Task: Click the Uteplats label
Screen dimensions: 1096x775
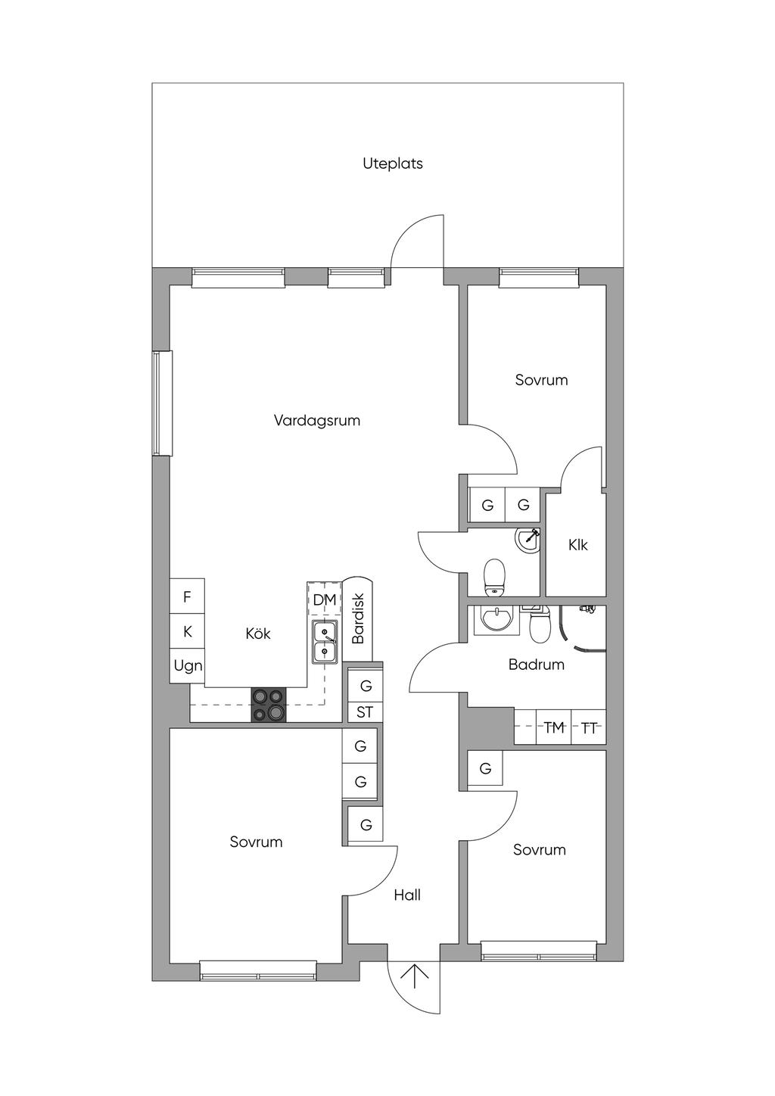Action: coord(392,163)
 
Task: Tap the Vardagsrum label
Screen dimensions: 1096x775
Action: coord(316,420)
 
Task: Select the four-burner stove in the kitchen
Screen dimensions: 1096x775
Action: coord(269,705)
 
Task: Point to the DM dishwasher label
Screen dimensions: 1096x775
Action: coord(324,600)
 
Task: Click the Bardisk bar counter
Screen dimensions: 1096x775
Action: coord(358,617)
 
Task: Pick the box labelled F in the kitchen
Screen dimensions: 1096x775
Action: coord(187,597)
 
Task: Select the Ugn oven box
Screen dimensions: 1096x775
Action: coord(188,666)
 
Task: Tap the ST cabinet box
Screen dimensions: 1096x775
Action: coord(365,712)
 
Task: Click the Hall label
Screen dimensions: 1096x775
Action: coord(407,895)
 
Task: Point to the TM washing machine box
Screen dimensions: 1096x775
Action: coord(554,728)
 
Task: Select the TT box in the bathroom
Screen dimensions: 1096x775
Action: coord(589,728)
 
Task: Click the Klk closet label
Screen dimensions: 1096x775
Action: coord(577,545)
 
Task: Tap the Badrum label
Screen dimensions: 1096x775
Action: coord(536,665)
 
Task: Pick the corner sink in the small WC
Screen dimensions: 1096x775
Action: coord(528,540)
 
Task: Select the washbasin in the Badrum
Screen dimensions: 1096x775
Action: coord(496,619)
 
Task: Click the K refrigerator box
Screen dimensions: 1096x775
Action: coord(187,631)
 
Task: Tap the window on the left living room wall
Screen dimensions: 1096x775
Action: coord(159,403)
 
